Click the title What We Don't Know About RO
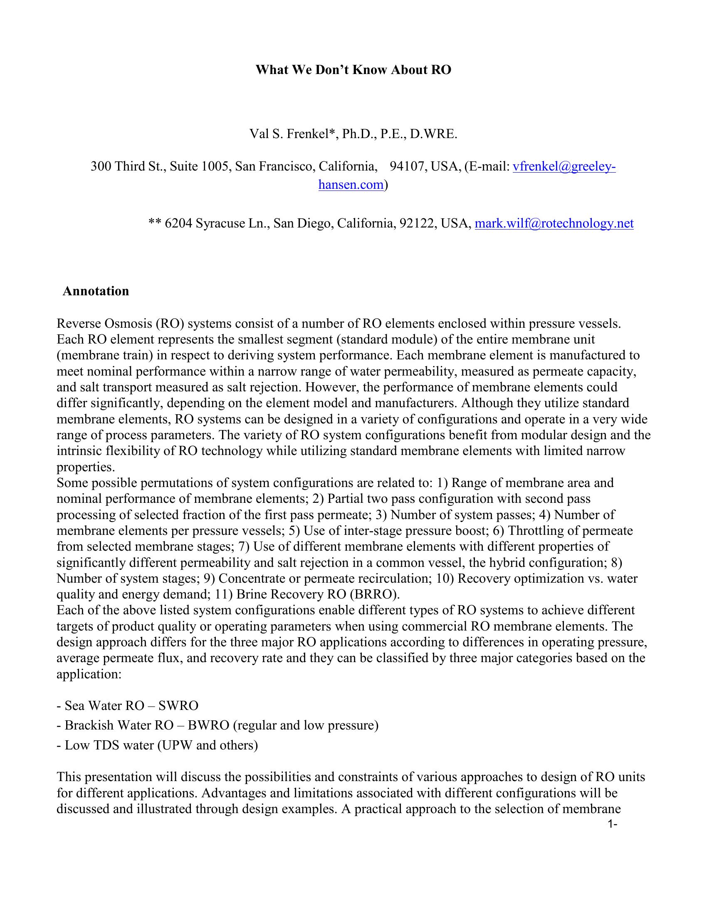click(353, 70)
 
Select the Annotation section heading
click(96, 291)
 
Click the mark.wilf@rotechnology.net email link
click(554, 223)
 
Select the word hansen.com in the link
click(351, 185)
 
